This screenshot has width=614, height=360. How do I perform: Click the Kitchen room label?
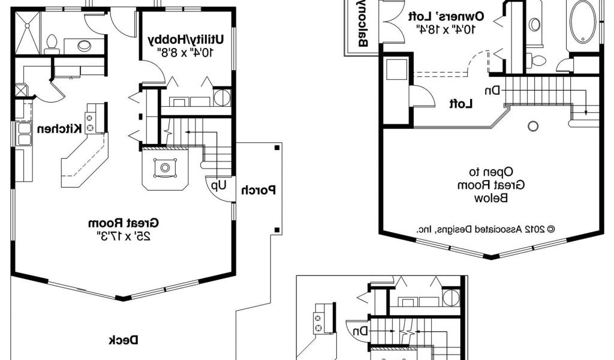(x=59, y=128)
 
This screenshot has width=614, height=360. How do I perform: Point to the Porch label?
(x=259, y=191)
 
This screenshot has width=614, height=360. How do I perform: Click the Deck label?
(x=124, y=340)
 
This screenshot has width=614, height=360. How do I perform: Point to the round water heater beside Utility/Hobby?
(x=222, y=97)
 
